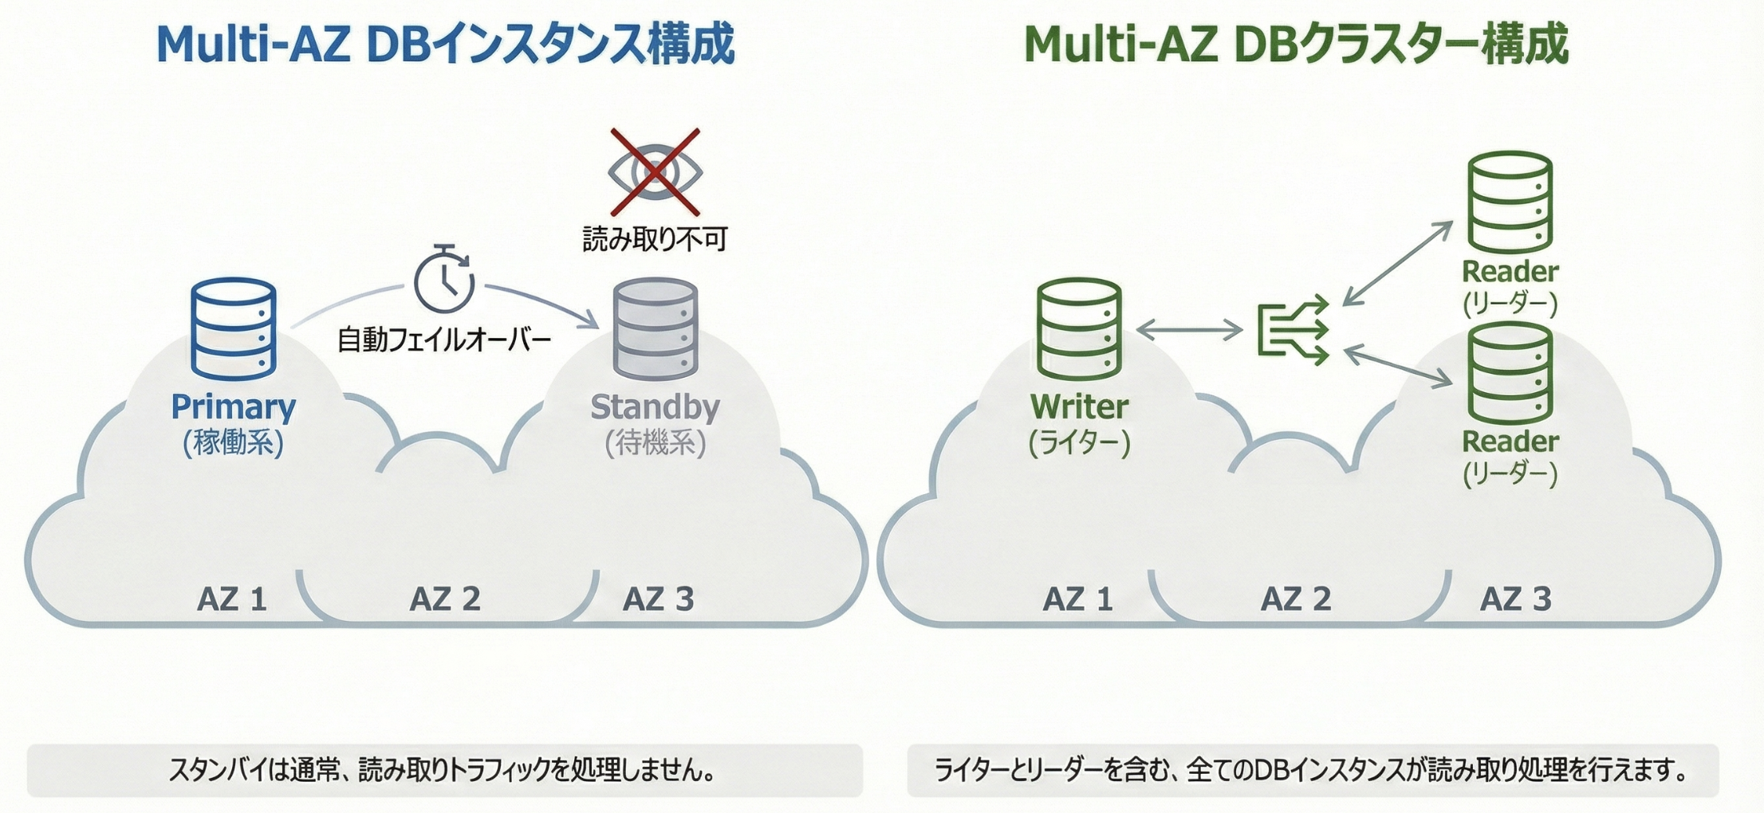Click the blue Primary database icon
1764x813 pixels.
click(x=234, y=328)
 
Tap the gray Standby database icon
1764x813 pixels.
click(x=656, y=328)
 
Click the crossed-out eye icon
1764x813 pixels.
click(x=655, y=172)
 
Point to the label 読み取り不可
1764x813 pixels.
click(x=655, y=238)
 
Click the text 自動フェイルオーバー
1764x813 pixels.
click(x=444, y=340)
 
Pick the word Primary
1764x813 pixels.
click(x=234, y=406)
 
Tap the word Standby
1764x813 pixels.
click(x=656, y=406)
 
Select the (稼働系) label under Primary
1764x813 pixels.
click(x=234, y=442)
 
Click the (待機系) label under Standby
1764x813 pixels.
click(x=656, y=442)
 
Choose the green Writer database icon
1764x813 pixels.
click(x=1079, y=328)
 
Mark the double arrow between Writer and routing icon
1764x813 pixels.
click(x=1189, y=329)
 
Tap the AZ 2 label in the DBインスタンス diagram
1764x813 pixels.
click(x=445, y=599)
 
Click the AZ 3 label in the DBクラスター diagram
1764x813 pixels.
click(x=1515, y=599)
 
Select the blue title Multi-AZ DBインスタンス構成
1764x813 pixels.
click(x=445, y=45)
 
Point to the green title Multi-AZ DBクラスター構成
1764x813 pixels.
click(x=1296, y=45)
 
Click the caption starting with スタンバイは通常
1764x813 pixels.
click(x=444, y=770)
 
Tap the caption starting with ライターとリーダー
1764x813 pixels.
click(x=1312, y=770)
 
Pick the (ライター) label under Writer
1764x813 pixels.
click(x=1079, y=442)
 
